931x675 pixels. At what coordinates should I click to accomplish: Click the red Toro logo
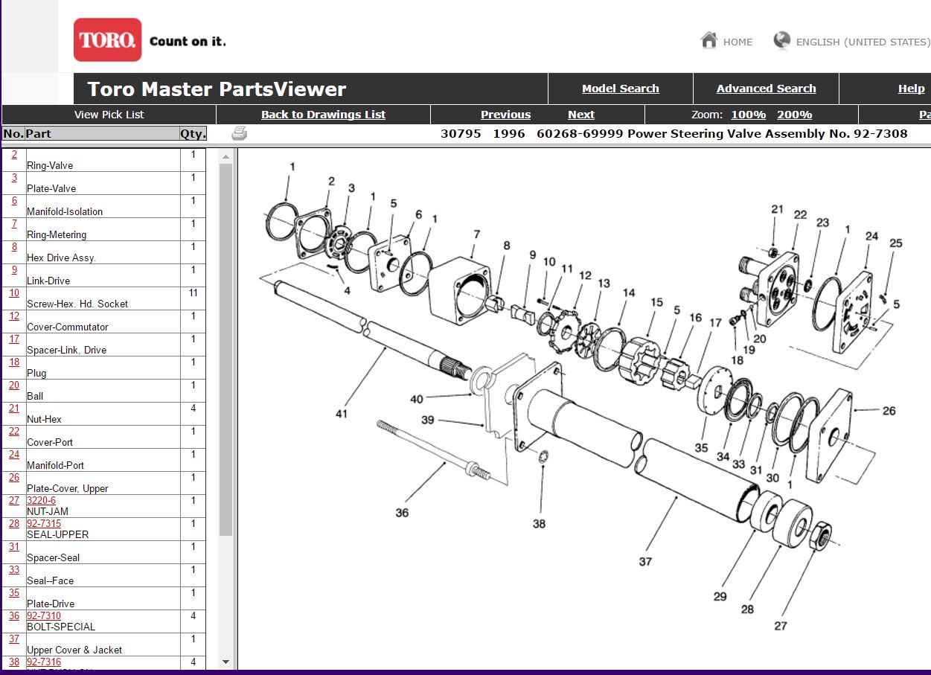[x=107, y=39]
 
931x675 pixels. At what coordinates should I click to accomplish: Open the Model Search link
[x=620, y=89]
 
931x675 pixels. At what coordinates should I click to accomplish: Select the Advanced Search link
[x=766, y=89]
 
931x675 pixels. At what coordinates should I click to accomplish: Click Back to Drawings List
[x=323, y=115]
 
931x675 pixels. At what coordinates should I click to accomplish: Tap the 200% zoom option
[x=794, y=115]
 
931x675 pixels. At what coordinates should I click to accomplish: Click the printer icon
[x=239, y=134]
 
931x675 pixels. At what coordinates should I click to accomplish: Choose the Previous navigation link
[x=505, y=115]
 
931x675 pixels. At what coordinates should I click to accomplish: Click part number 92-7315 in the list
[x=44, y=524]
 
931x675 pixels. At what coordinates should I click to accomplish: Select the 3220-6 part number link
[x=41, y=501]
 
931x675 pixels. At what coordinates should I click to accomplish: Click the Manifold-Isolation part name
[x=65, y=212]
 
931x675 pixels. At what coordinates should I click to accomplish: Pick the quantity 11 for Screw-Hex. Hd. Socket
[x=193, y=293]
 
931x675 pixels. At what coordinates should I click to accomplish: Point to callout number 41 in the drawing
[x=341, y=414]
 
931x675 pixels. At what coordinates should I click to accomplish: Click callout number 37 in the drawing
[x=645, y=562]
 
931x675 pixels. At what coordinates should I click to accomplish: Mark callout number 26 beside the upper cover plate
[x=889, y=411]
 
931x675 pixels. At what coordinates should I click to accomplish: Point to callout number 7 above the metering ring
[x=476, y=235]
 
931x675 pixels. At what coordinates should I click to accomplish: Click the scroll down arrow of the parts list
[x=226, y=662]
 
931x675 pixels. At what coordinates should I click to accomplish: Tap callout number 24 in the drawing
[x=871, y=237]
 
